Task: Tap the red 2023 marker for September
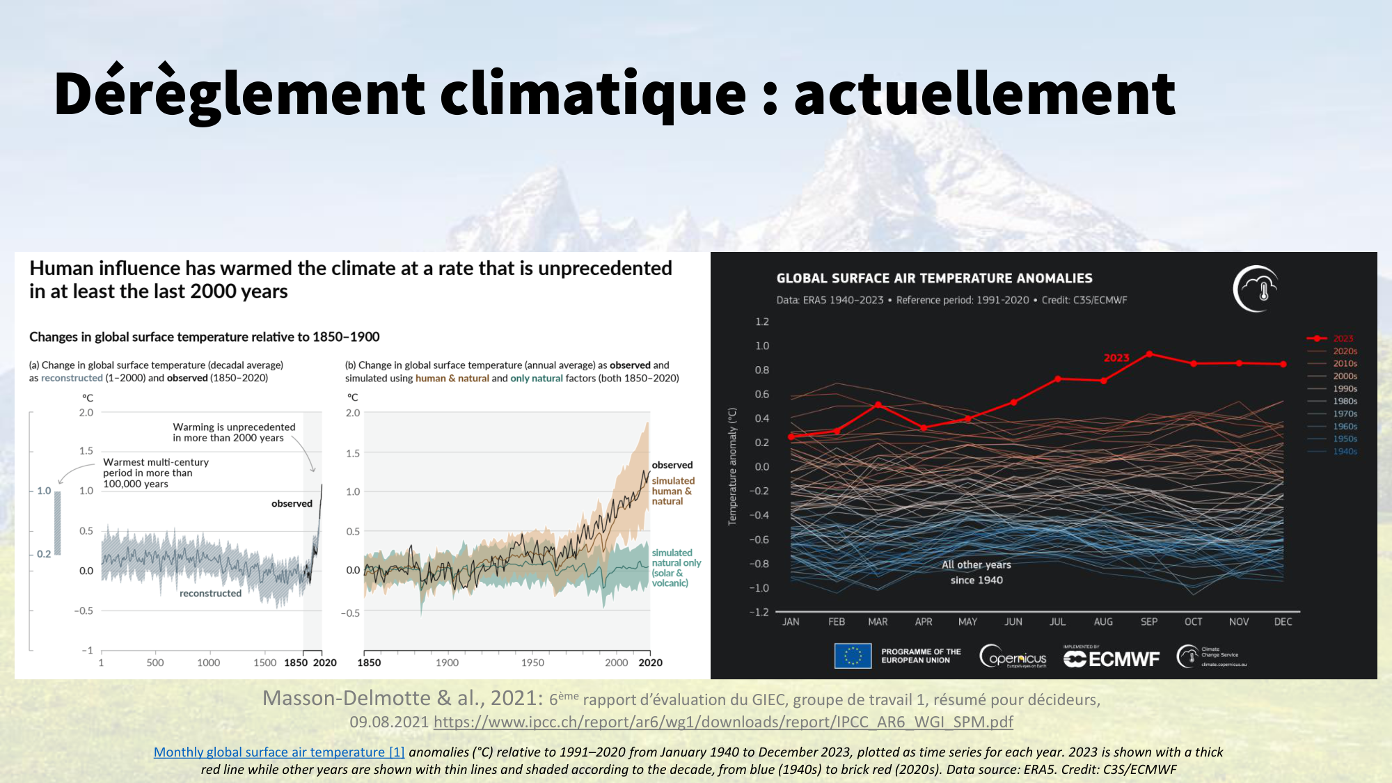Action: [x=1149, y=354]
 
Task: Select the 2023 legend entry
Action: [x=1343, y=338]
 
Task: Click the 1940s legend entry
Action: [x=1345, y=452]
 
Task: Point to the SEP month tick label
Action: [x=1149, y=622]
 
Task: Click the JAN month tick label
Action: [x=791, y=622]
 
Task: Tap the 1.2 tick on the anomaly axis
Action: [x=762, y=322]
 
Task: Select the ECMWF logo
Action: [x=1112, y=658]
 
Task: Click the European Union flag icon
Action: [x=853, y=656]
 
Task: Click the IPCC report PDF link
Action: [x=723, y=722]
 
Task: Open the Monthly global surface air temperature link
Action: [x=279, y=752]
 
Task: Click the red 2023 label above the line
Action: [x=1116, y=358]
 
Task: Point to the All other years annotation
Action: [x=976, y=572]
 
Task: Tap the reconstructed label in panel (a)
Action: [x=210, y=593]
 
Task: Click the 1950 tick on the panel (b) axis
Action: [x=532, y=663]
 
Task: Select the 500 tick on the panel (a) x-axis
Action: [x=155, y=663]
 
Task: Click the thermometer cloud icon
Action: [x=1256, y=289]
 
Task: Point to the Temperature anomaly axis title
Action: [x=732, y=466]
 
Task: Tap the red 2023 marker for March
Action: [x=878, y=404]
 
